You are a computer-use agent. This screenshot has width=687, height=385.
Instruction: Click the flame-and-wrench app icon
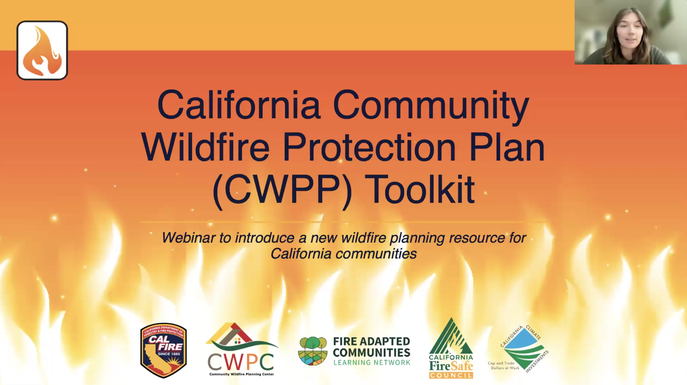pos(42,50)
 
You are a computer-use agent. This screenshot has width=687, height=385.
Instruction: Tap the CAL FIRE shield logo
pos(163,350)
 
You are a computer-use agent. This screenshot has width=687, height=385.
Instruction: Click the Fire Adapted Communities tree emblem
pos(313,351)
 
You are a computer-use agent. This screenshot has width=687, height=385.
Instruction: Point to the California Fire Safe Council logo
pos(451,348)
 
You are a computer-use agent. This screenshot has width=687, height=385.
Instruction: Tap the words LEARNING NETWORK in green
pos(372,362)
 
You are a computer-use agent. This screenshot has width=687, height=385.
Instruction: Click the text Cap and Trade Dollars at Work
pos(503,365)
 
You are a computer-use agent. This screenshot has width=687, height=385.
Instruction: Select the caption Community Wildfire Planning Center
pos(242,374)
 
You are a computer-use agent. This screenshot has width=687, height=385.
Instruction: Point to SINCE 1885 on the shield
pos(169,354)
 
